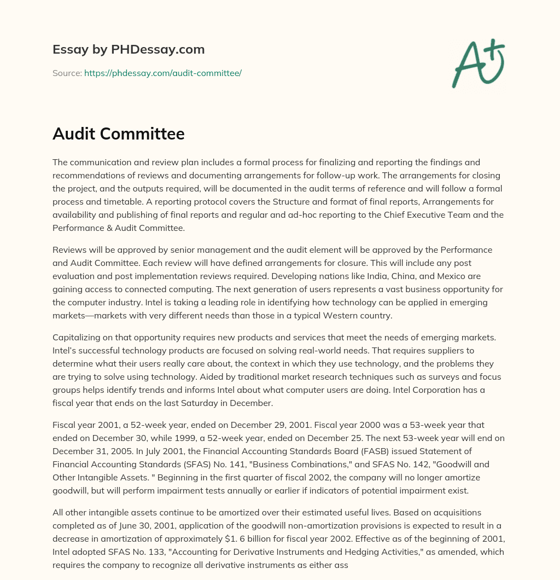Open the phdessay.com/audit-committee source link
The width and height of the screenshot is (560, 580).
tap(162, 72)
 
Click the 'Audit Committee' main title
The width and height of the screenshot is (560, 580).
tap(118, 134)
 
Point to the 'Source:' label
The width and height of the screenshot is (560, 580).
tap(67, 72)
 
